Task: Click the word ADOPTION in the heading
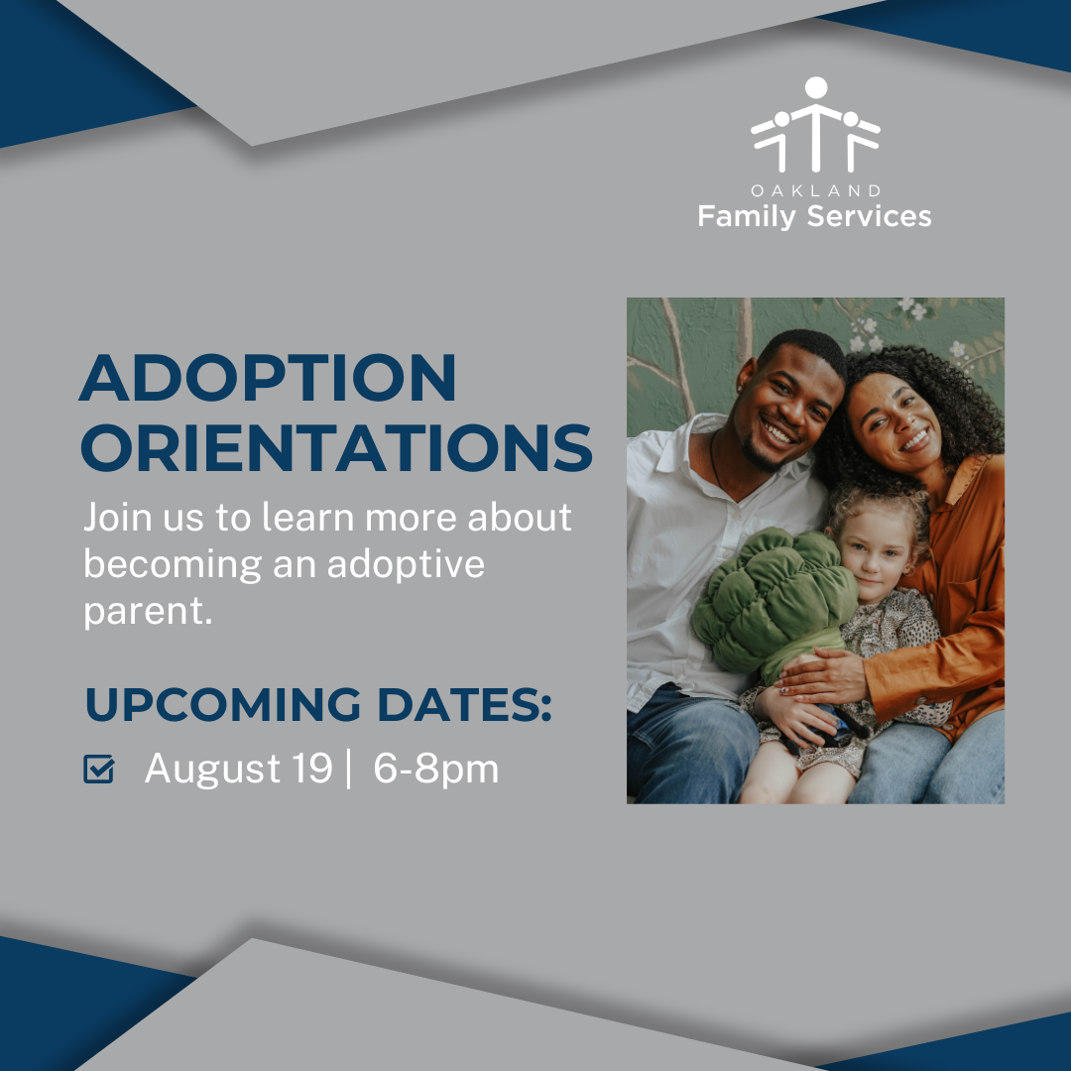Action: click(268, 378)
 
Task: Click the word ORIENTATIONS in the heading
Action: click(337, 448)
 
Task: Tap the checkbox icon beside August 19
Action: click(99, 770)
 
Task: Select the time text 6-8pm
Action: click(435, 770)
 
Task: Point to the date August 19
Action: click(238, 769)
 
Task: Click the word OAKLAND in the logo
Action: click(815, 190)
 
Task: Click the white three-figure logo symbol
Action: click(815, 124)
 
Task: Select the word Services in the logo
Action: click(869, 216)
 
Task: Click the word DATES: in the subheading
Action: click(464, 704)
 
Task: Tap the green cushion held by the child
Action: click(773, 600)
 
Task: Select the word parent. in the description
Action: click(148, 611)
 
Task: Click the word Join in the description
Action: click(117, 518)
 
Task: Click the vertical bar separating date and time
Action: click(349, 770)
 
